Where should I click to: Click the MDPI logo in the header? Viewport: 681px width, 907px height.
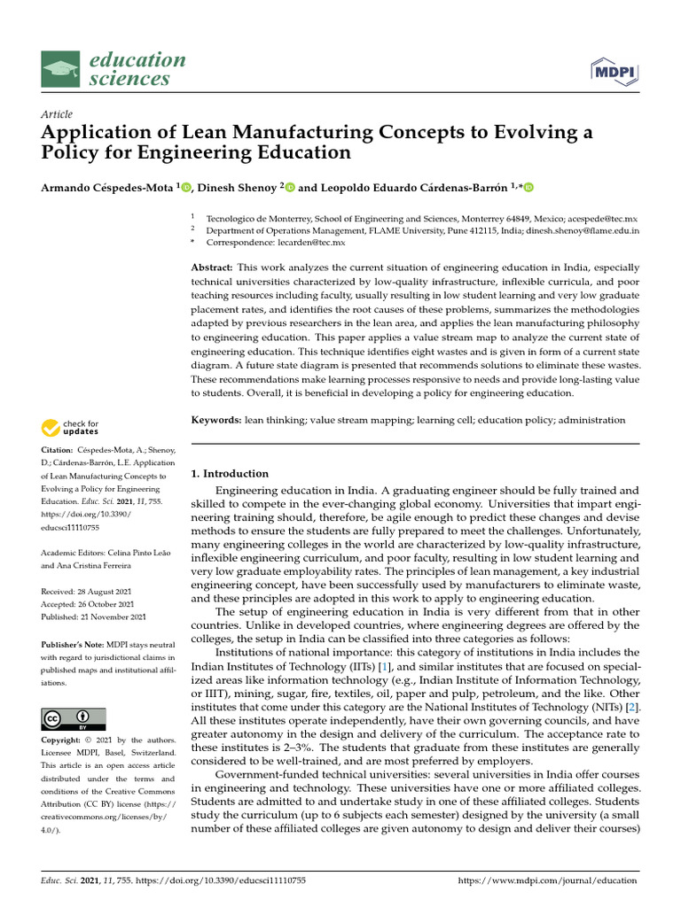tap(611, 71)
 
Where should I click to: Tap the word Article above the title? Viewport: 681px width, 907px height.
tap(57, 114)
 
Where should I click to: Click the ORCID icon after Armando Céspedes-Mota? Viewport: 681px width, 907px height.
tap(186, 187)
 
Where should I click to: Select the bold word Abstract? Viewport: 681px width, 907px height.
tap(213, 267)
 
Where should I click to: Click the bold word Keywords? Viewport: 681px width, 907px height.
tap(216, 420)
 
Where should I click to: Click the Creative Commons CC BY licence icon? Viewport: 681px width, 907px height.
tap(74, 718)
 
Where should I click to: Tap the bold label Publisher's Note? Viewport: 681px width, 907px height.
tap(73, 645)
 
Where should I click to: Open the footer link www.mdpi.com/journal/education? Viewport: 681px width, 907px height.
tap(548, 880)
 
